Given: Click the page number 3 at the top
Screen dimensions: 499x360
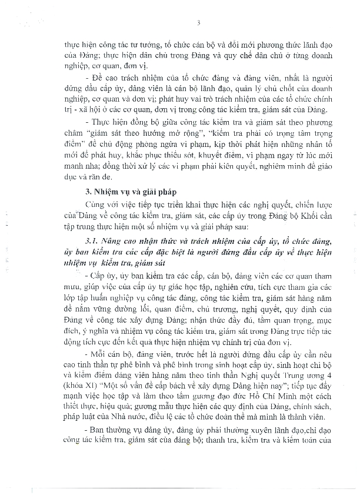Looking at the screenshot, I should click(x=199, y=23).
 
